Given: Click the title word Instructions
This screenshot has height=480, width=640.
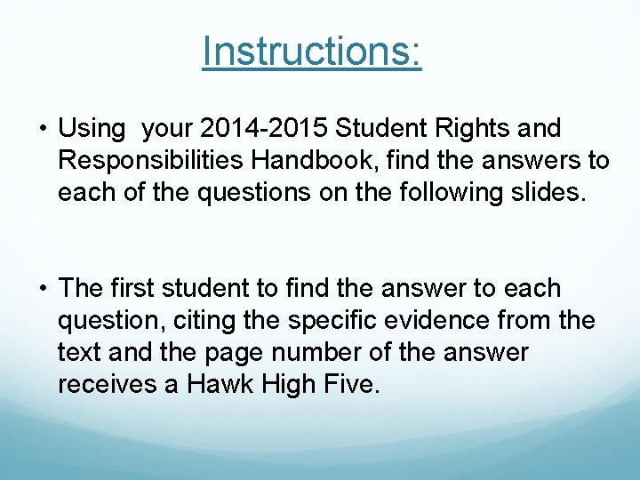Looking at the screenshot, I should pyautogui.click(x=311, y=52).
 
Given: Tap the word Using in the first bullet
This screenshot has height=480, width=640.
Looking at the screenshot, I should pyautogui.click(x=92, y=130).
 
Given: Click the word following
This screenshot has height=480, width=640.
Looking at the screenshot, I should pyautogui.click(x=462, y=193).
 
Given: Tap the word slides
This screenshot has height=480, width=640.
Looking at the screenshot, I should pyautogui.click(x=548, y=193).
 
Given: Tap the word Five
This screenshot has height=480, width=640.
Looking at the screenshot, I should pyautogui.click(x=351, y=385).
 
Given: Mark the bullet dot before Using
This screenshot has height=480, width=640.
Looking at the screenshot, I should pyautogui.click(x=43, y=130).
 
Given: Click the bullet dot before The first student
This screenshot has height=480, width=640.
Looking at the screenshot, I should pyautogui.click(x=43, y=289).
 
